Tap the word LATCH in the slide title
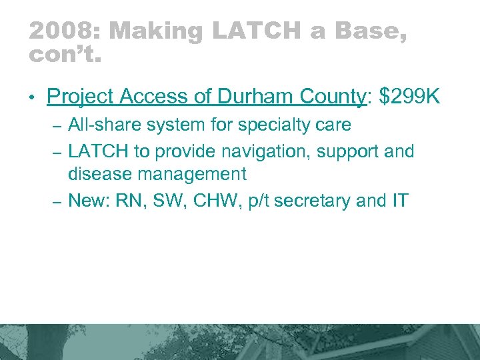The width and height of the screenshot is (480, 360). (x=245, y=31)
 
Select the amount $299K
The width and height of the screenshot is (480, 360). (x=409, y=97)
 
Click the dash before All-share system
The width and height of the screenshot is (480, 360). (x=57, y=126)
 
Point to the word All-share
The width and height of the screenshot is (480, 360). (x=100, y=125)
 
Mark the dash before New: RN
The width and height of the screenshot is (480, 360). (x=57, y=201)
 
